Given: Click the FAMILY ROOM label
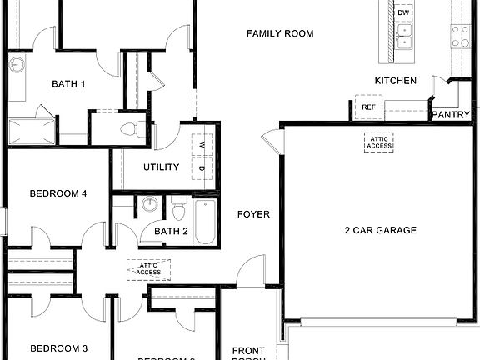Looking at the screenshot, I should coord(280,34).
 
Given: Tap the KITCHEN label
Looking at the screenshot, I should coord(395,81).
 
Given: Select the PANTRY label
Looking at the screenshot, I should coord(451,115).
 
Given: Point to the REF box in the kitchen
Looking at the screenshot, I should coord(368,107).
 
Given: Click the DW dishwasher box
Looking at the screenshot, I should coord(404,13).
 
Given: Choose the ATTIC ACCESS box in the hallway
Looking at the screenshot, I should coord(148,268).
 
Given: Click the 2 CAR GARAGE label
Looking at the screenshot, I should coord(380,230).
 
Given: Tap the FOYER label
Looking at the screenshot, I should coord(253,214).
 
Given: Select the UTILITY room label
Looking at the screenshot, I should coord(161,167).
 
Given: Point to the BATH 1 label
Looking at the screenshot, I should coord(68,83).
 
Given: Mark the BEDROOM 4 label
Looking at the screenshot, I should coord(58,194).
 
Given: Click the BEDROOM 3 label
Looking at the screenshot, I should coord(58,348).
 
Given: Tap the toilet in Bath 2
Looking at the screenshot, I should coord(178,208).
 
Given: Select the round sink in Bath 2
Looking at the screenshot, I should coord(150,205).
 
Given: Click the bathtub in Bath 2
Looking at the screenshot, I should coord(205,221).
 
